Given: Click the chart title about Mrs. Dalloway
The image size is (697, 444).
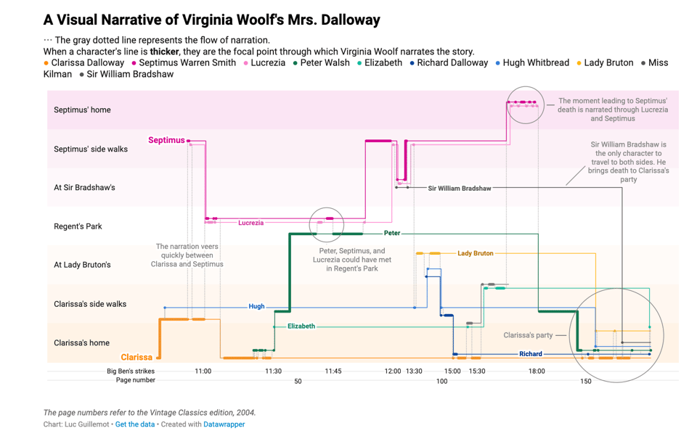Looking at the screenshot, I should pos(211,20).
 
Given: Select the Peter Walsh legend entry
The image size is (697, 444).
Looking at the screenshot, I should pos(322,63).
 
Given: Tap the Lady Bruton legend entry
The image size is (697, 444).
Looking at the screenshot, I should pos(608,63).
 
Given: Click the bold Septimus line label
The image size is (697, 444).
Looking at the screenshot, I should pos(166,140).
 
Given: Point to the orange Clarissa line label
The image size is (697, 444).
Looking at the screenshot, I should pos(136,357).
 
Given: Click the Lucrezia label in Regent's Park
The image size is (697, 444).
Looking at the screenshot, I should pos(250,223).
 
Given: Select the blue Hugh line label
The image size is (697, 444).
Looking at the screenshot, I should pos(256,306).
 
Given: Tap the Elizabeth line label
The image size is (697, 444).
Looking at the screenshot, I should pos(301,326).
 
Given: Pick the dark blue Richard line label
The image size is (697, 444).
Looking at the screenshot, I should pos(530,354).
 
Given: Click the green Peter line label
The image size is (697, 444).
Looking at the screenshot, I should pos(391,233).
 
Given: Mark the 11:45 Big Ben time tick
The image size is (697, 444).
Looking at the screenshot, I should pos(333,371).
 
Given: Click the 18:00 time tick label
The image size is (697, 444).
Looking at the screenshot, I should pos(537,371).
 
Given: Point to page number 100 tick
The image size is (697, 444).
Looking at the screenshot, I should pos(441,381).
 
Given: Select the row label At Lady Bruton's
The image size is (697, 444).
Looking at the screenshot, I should pos(82,265).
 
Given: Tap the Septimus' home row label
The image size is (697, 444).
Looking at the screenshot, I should pos(82,110).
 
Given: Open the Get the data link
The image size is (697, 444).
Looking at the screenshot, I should pos(134,424).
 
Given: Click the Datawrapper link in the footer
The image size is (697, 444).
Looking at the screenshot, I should pos(224,424).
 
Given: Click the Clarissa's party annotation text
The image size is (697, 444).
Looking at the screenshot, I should pos(528,335).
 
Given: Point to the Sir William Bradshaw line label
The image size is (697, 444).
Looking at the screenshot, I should pos(459,189).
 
